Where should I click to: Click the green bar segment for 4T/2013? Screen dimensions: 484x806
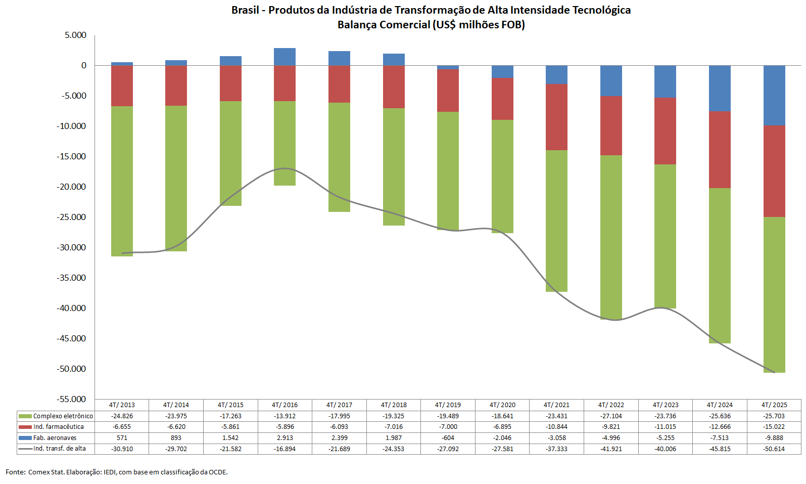pyautogui.click(x=122, y=181)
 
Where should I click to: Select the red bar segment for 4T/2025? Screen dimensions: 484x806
pyautogui.click(x=774, y=171)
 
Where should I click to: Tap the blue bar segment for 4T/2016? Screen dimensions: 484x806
pyautogui.click(x=285, y=57)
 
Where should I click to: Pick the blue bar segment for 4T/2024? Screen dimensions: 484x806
pyautogui.click(x=720, y=88)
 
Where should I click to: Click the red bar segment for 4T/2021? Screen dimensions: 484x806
pyautogui.click(x=556, y=117)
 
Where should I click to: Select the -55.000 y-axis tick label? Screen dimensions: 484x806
pyautogui.click(x=71, y=399)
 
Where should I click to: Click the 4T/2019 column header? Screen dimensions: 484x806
pyautogui.click(x=448, y=405)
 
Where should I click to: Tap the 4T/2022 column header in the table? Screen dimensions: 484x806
pyautogui.click(x=611, y=405)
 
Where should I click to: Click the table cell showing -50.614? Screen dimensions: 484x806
pyautogui.click(x=774, y=449)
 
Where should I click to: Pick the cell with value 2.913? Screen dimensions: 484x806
pyautogui.click(x=285, y=437)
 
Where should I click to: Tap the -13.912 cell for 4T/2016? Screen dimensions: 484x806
pyautogui.click(x=285, y=416)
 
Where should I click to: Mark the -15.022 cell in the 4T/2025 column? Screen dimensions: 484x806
pyautogui.click(x=774, y=427)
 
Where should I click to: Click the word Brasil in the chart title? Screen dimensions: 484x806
pyautogui.click(x=245, y=10)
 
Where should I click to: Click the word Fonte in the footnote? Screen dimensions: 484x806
pyautogui.click(x=15, y=472)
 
